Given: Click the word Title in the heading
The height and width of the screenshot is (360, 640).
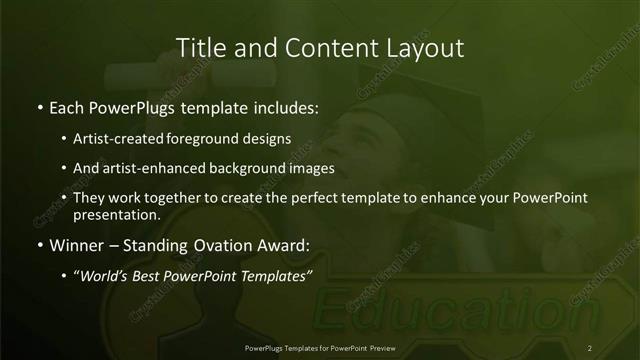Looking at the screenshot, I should coord(198,47).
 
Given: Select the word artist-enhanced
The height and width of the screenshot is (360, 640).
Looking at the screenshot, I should coord(142,168).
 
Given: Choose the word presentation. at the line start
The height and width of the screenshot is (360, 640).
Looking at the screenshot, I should coord(116,214).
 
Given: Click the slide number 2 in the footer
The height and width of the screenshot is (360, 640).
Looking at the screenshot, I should coord(590,348).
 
